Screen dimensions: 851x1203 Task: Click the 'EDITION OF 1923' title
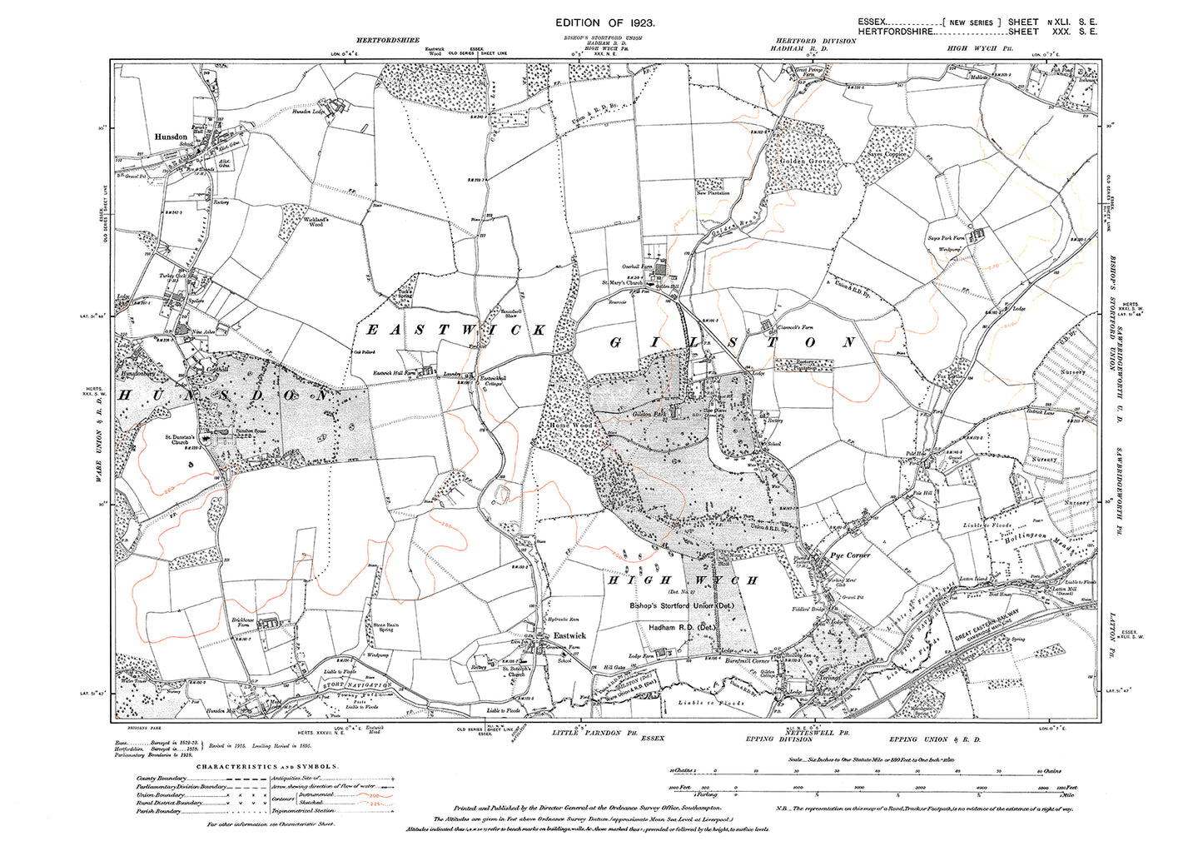605,25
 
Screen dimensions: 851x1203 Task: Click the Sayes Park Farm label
946,238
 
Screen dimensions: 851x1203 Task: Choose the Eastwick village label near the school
570,635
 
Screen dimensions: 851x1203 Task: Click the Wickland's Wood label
316,221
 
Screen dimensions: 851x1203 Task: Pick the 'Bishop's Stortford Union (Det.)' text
683,606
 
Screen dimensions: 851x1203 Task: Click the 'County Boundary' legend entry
162,778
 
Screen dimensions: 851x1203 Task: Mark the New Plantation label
712,192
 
